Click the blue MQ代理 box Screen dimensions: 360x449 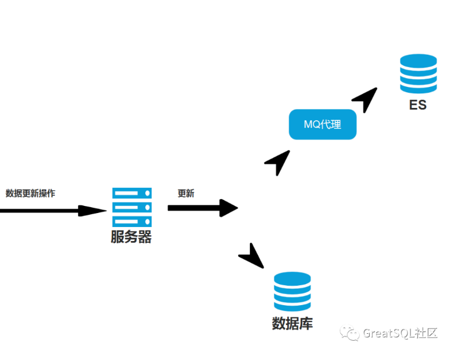[322, 124]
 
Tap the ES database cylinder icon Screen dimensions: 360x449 [418, 74]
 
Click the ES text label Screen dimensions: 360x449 [418, 106]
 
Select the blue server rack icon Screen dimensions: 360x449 [132, 207]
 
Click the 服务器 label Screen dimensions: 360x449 [131, 237]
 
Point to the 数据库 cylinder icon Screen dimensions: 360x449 [292, 291]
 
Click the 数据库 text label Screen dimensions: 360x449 [292, 323]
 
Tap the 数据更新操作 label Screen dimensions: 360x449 [30, 193]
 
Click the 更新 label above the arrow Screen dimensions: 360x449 [186, 194]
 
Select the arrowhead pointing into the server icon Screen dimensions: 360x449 [92, 211]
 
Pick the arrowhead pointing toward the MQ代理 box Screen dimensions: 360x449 [279, 162]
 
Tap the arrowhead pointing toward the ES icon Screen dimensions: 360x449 [366, 99]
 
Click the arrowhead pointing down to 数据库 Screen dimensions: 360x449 [252, 257]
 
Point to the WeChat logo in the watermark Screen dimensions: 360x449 [350, 333]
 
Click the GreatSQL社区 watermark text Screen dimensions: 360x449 [400, 333]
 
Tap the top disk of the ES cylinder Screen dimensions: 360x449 [418, 61]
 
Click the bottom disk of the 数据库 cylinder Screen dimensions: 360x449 [292, 305]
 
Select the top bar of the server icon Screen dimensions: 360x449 [132, 193]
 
